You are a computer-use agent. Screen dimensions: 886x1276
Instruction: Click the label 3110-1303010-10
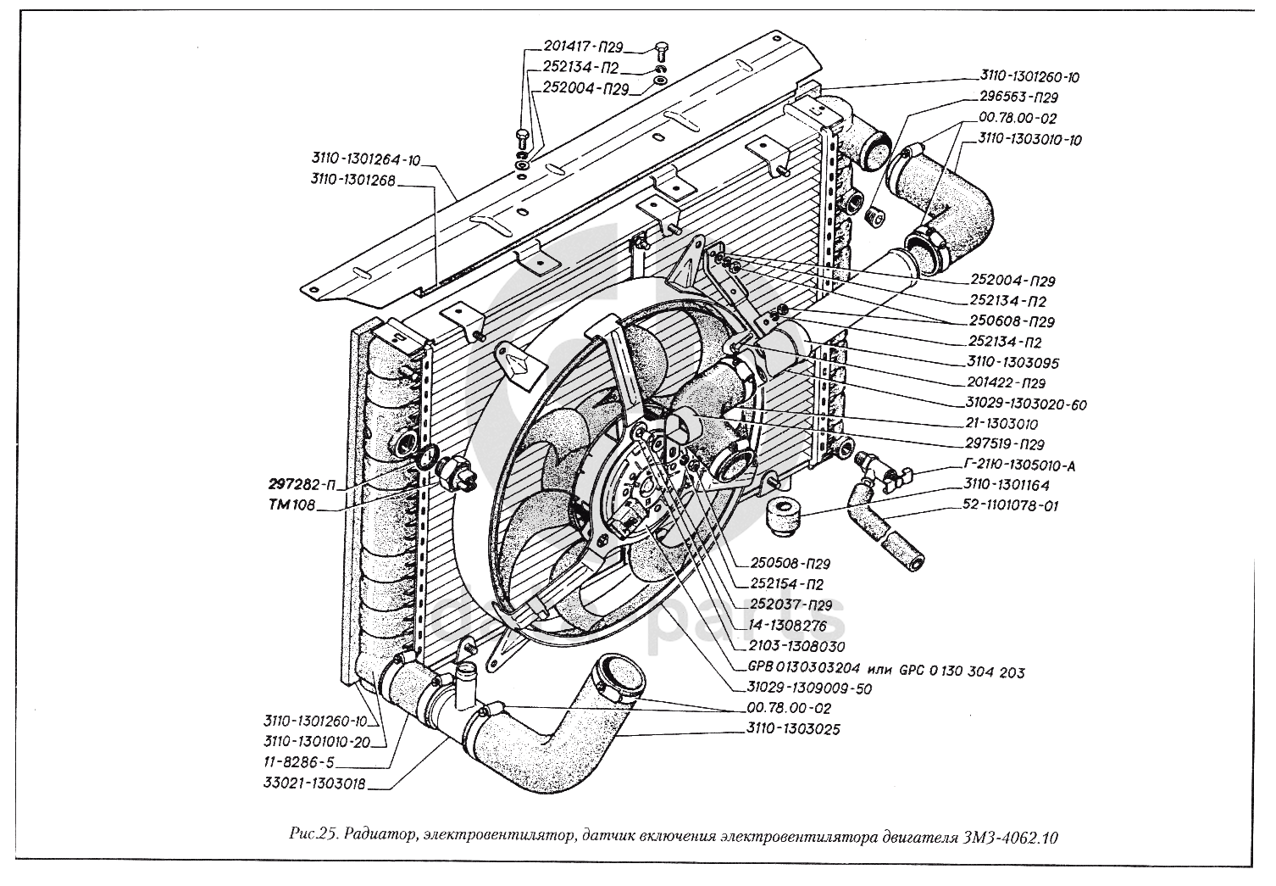click(x=1029, y=139)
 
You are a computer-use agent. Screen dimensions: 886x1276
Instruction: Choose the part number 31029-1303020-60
click(x=1026, y=405)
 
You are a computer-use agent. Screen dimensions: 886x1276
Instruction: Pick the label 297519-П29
click(x=1005, y=444)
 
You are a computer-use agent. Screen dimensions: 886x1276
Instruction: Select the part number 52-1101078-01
click(x=1011, y=506)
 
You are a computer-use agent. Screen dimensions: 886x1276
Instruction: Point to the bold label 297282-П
click(x=302, y=486)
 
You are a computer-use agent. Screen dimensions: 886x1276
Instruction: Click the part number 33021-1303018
click(x=314, y=785)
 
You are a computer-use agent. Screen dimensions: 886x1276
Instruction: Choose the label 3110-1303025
click(x=793, y=729)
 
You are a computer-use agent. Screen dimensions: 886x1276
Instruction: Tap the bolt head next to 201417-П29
click(x=662, y=47)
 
